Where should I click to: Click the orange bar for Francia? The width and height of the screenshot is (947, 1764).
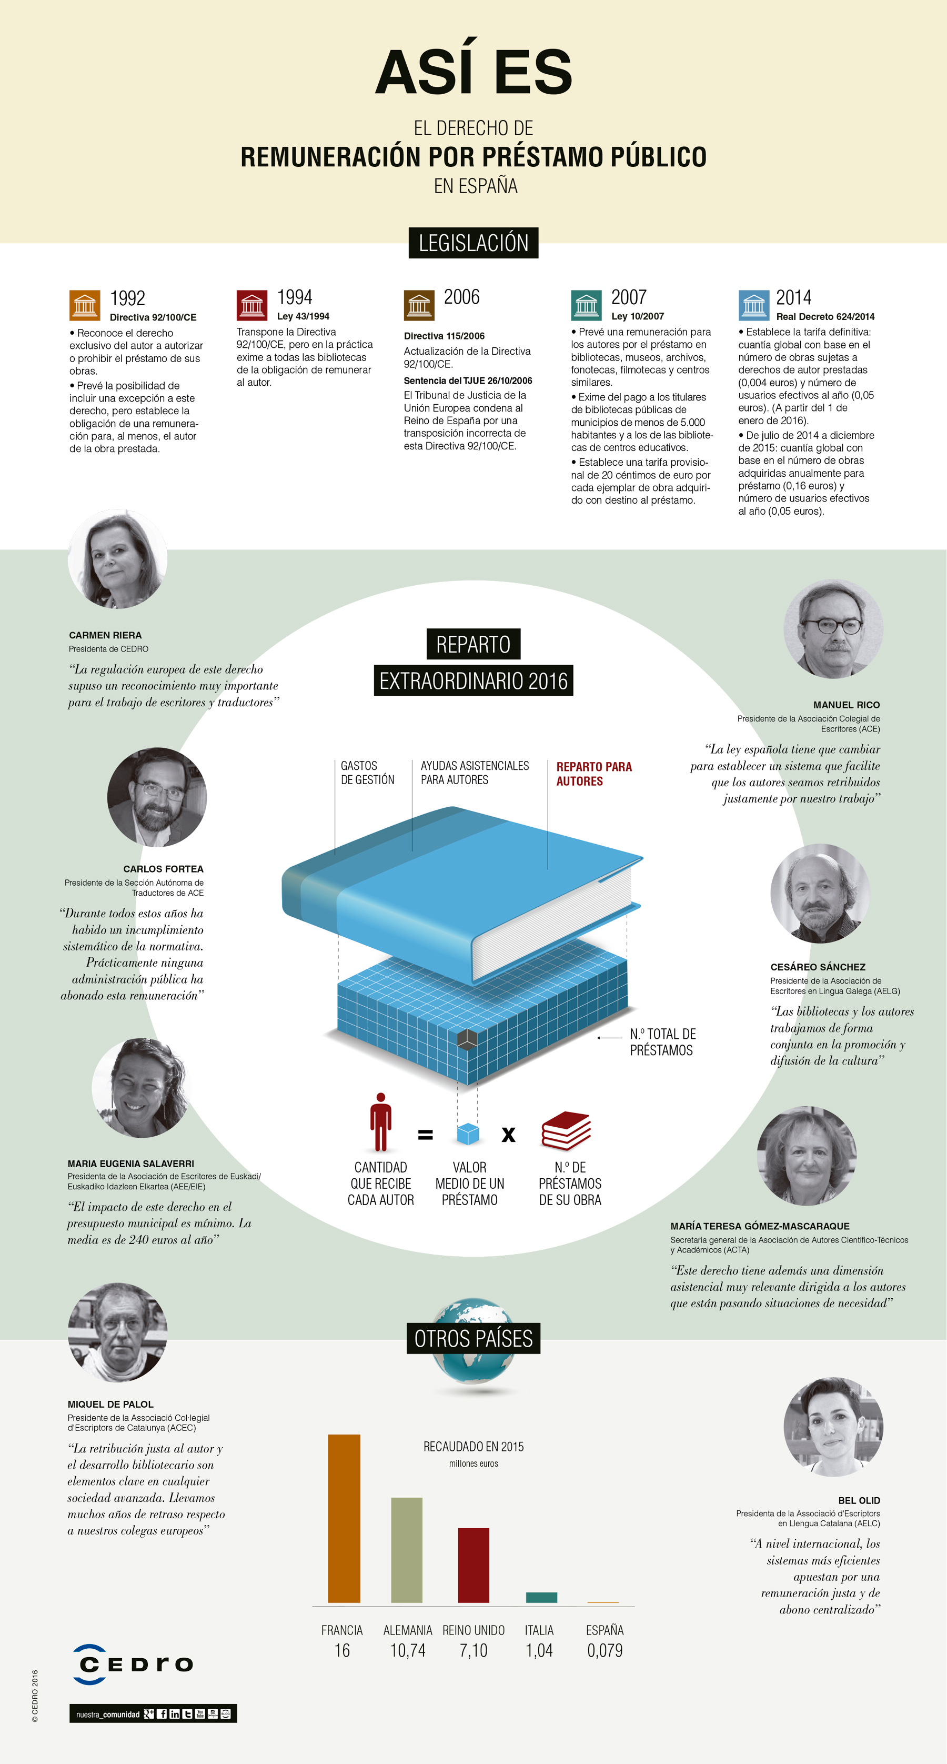pos(344,1518)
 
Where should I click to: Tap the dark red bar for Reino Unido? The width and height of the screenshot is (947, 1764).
pos(473,1565)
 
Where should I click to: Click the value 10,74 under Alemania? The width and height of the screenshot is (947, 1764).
pos(407,1650)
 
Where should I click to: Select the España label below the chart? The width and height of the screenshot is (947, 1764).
pos(605,1630)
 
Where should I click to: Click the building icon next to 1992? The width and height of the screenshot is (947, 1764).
pos(85,305)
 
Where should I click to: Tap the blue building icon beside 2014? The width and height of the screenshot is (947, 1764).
pos(754,305)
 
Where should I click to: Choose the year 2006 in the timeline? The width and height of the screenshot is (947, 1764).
pos(461,297)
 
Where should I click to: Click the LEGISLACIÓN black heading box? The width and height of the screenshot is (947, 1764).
pos(473,243)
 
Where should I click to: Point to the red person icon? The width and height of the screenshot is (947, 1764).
pos(381,1121)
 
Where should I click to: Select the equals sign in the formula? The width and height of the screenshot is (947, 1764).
pos(425,1135)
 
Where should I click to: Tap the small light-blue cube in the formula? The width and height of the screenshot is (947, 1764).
pos(468,1134)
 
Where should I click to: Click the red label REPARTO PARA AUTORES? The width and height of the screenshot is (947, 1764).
pos(593,774)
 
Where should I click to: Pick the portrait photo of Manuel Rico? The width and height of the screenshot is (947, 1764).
pos(833,629)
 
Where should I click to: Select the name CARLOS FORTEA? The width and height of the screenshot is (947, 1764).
pos(163,869)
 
